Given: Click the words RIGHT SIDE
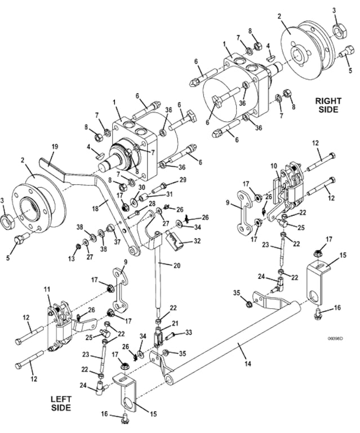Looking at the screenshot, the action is tap(328, 105).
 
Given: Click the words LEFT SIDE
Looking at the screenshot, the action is tap(61, 403).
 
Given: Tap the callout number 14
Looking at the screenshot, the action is tap(248, 364).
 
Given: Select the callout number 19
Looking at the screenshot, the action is tap(55, 147).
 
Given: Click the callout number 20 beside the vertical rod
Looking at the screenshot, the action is tap(177, 266).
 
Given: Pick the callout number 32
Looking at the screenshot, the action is tap(197, 241).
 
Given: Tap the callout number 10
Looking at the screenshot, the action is tap(273, 166).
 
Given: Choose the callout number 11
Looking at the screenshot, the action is tap(47, 289).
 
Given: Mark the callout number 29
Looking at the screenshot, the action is tap(183, 180).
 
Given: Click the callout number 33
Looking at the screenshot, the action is tap(188, 333).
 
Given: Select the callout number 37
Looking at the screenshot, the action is tap(117, 242).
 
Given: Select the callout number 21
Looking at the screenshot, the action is tap(175, 323).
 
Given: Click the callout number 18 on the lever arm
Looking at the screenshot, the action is tap(95, 209).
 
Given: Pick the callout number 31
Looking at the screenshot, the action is tap(169, 194).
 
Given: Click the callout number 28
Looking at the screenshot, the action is tap(152, 204).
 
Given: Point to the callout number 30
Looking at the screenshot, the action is tap(141, 187).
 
